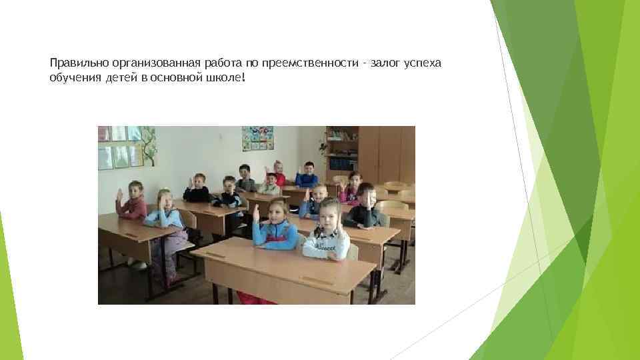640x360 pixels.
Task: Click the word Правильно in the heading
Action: pos(75,63)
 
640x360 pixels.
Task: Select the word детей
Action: pos(117,78)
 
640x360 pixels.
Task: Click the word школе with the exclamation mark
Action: pos(229,78)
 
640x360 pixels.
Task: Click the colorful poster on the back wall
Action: pos(257,139)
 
